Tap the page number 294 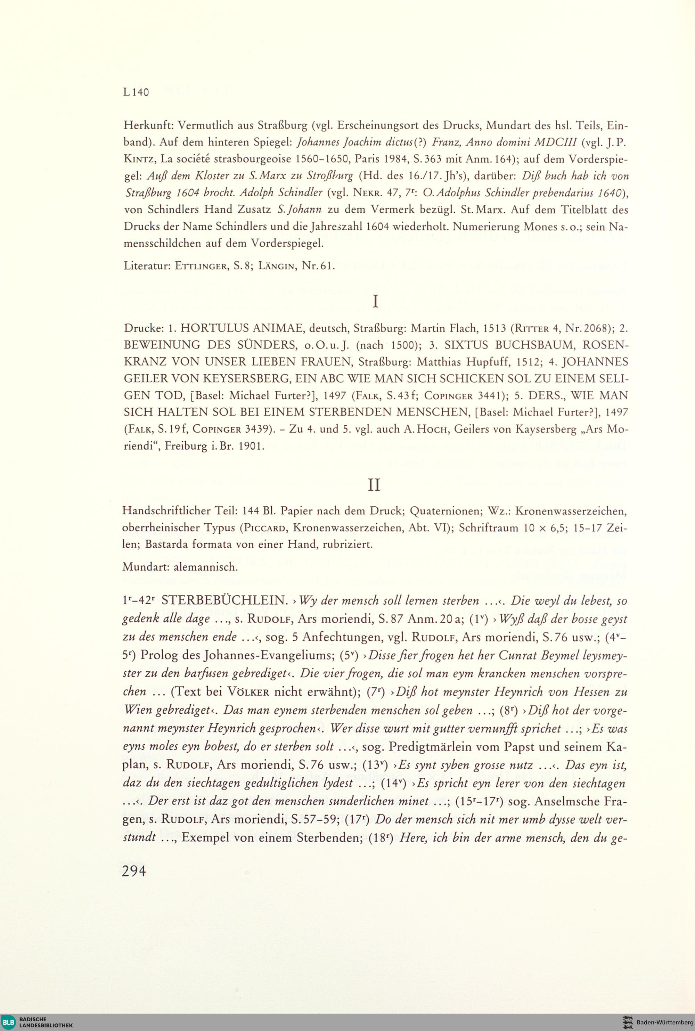click(134, 871)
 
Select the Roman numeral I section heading click(375, 302)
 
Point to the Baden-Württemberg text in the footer click(664, 1022)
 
